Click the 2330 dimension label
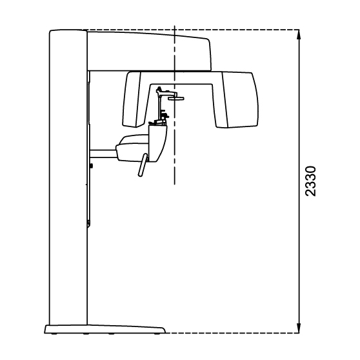coord(310,181)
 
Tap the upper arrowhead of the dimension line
coord(299,34)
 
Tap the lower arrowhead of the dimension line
coord(299,328)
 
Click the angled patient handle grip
coord(143,165)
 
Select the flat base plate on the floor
coord(105,329)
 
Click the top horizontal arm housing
coord(149,51)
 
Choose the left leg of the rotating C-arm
coord(134,99)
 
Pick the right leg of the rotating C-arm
coord(237,100)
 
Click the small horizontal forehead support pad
coord(176,99)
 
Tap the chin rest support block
coord(157,143)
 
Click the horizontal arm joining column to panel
coord(103,154)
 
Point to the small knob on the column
coord(92,165)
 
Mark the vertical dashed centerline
coord(174,105)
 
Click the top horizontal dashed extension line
coord(190,30)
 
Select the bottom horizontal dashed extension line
coord(232,333)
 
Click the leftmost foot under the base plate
coord(54,334)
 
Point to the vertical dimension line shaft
coord(299,181)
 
